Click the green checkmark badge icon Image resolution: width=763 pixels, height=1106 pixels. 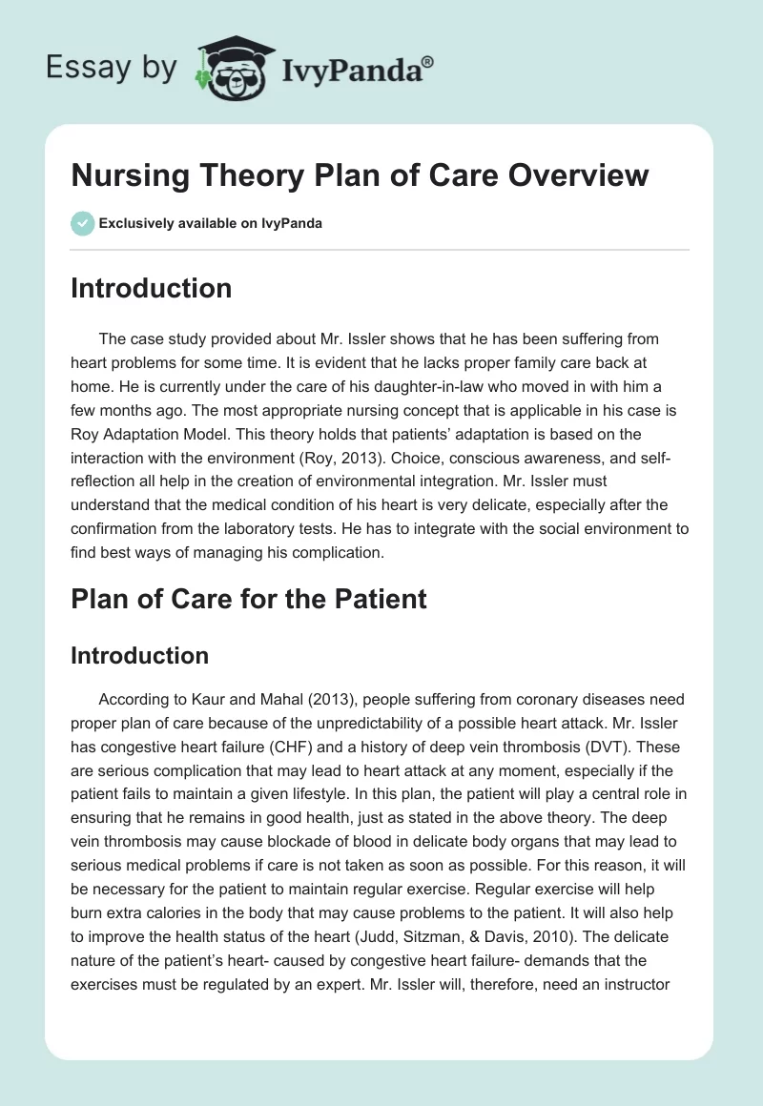coord(82,223)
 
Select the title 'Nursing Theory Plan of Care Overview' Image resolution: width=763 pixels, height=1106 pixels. coord(360,176)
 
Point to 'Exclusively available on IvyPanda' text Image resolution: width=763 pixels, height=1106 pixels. coord(210,223)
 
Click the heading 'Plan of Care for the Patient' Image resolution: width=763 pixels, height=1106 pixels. coord(248,599)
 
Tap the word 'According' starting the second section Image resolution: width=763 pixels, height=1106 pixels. coord(135,700)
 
